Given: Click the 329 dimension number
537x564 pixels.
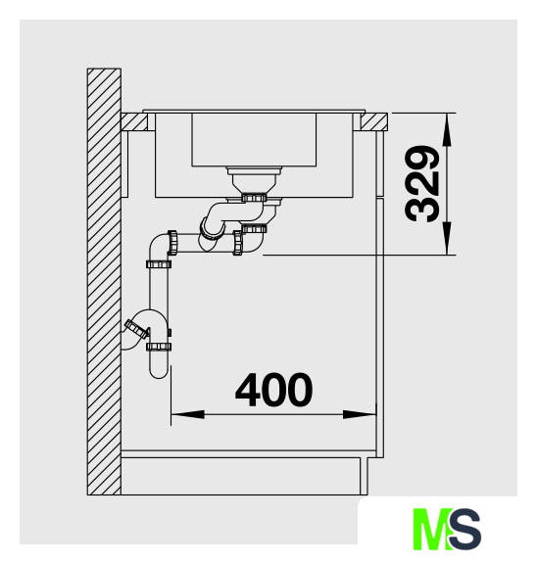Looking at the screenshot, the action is [x=422, y=184].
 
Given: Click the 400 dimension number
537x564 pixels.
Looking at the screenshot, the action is [x=273, y=390].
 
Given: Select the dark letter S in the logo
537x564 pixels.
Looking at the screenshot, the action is [x=464, y=529].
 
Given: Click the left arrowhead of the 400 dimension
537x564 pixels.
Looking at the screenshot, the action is [x=187, y=414].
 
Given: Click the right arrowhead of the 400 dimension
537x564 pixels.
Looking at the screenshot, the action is [x=360, y=414].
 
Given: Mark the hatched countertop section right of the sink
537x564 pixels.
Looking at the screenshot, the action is [x=374, y=121].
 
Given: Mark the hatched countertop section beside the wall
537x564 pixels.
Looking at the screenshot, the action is [x=134, y=121].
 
